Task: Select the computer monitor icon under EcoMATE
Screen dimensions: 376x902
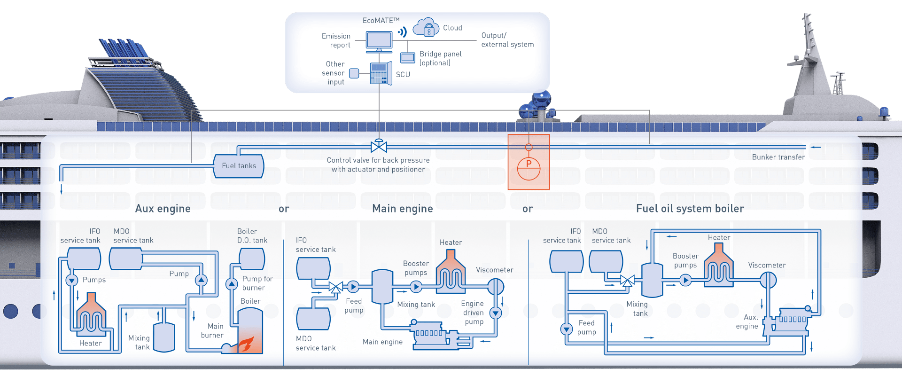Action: pos(379,41)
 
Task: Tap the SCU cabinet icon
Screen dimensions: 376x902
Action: pos(380,73)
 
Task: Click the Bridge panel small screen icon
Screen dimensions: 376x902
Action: pos(407,58)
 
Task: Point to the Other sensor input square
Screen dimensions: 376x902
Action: pos(354,73)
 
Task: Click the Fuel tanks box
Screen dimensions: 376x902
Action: pos(239,166)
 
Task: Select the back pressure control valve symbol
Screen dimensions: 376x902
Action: pos(379,146)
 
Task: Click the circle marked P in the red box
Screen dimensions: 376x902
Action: pos(529,168)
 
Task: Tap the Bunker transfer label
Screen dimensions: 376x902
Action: pos(778,157)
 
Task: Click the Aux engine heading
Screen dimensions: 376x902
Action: pos(163,209)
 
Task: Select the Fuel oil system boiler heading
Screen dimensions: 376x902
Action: pos(690,209)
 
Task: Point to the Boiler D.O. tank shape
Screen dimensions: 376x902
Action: pos(252,259)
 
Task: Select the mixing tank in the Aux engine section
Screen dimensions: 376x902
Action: pos(164,337)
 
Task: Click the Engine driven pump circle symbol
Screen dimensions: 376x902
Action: pos(496,313)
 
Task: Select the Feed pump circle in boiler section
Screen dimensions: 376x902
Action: pos(567,329)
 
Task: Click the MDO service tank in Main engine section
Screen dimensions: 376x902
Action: pos(313,319)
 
